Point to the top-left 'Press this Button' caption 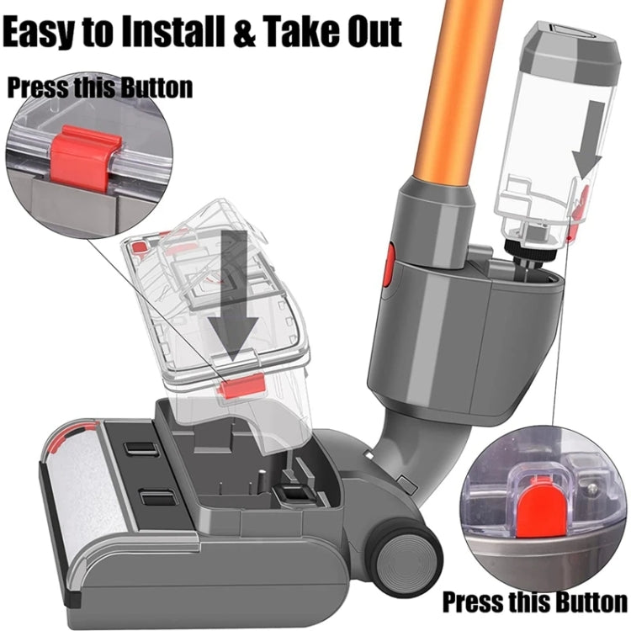(100, 87)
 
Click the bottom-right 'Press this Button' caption (534, 602)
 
